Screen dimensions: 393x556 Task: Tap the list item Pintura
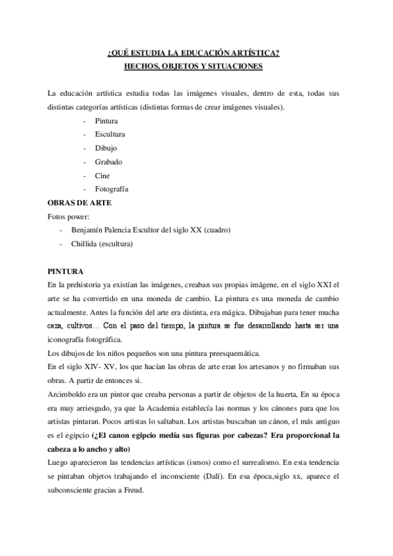pyautogui.click(x=106, y=121)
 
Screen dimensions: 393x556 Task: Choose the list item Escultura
pyautogui.click(x=110, y=134)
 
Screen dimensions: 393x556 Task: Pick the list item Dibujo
pyautogui.click(x=106, y=148)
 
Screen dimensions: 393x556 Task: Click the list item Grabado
pyautogui.click(x=108, y=161)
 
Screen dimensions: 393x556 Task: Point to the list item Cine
pyautogui.click(x=102, y=175)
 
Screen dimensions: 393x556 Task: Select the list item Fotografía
pyautogui.click(x=111, y=189)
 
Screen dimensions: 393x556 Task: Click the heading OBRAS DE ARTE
pyautogui.click(x=79, y=203)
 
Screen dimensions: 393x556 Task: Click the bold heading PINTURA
pyautogui.click(x=66, y=271)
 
